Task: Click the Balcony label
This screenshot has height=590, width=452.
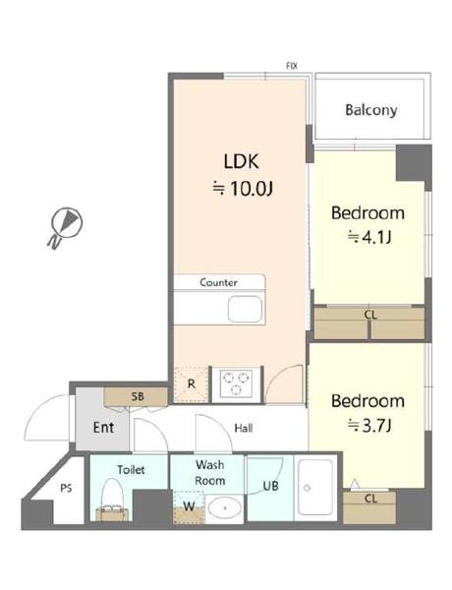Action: tap(371, 110)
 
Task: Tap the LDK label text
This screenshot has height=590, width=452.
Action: tap(241, 161)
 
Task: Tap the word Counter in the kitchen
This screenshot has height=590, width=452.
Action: tap(218, 282)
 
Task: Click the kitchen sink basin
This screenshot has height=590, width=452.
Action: tap(245, 310)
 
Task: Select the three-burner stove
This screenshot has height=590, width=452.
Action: tap(236, 384)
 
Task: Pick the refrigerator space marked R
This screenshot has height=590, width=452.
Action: tap(191, 384)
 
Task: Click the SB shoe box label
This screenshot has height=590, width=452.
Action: tap(138, 396)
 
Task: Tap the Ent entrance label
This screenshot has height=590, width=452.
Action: tap(103, 428)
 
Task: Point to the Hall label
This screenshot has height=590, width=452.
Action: tap(244, 428)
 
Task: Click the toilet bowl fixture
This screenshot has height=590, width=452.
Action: tap(112, 499)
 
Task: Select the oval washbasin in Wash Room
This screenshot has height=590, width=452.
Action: tap(225, 508)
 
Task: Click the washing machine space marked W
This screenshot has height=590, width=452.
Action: tap(189, 506)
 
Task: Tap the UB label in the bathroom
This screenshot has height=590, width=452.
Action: tap(270, 486)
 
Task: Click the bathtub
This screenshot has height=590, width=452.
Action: tap(315, 487)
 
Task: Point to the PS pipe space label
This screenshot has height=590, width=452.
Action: tap(66, 488)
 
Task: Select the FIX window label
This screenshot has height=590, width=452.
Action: tap(292, 66)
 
